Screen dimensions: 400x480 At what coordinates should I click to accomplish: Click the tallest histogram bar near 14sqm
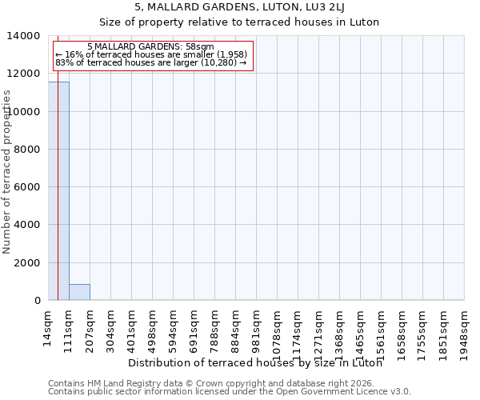coord(58,192)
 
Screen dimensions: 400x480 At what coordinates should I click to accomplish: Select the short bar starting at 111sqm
coord(79,292)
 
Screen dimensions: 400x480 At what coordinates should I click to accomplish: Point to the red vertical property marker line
coord(58,160)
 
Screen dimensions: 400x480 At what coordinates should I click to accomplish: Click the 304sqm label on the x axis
coord(110,329)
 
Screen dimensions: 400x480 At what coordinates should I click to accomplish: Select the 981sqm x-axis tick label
coord(256,329)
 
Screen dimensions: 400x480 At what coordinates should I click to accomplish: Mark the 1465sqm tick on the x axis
coord(360,332)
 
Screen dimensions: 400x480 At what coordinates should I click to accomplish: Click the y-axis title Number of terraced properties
coord(7,171)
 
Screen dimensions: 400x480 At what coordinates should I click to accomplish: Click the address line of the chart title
coord(240,8)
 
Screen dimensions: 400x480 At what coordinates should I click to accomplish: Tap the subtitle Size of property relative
coord(240,22)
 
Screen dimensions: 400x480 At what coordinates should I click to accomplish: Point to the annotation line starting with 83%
coord(151,63)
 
